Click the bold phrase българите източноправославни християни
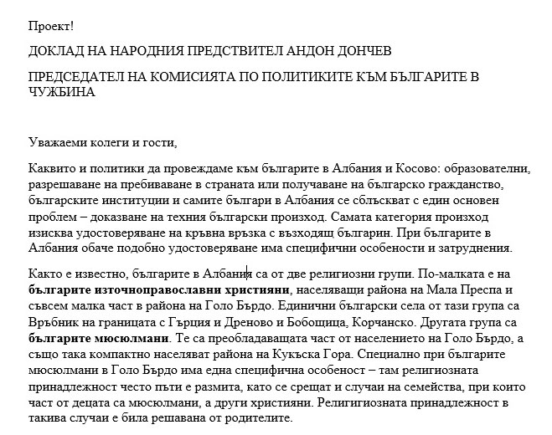click(x=156, y=290)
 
